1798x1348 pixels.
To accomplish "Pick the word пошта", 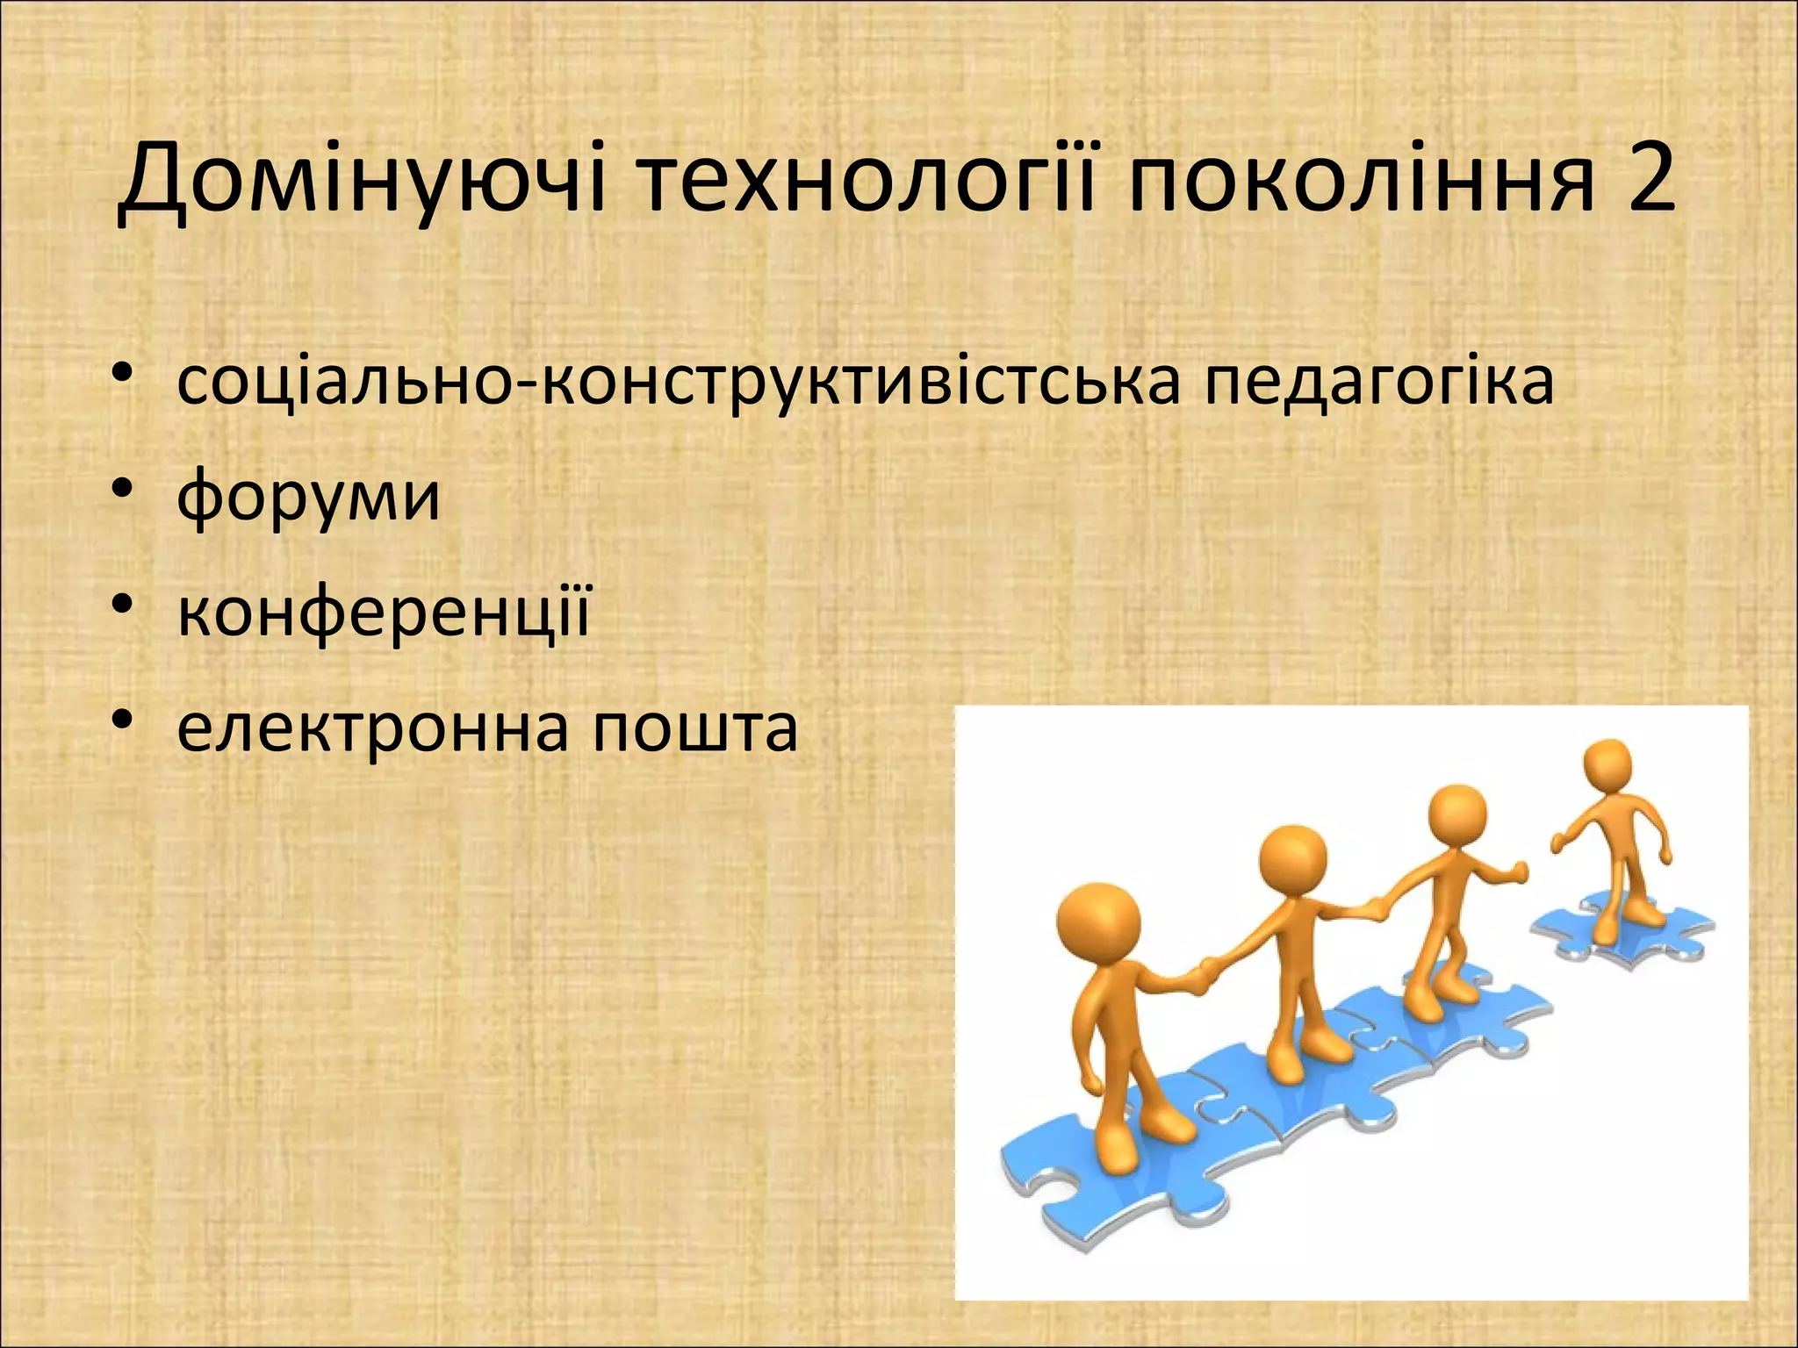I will tap(694, 728).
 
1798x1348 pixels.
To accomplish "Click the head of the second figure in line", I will tap(1292, 859).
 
